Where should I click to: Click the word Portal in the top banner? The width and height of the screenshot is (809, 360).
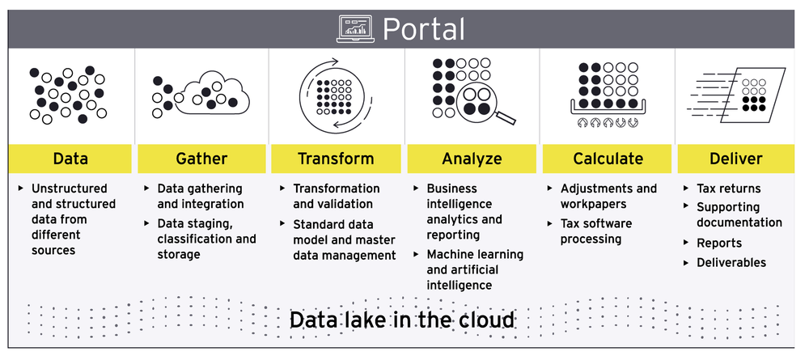coord(424,29)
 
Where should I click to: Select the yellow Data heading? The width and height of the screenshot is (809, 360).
coord(70,159)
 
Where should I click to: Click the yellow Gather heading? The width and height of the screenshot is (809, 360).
coord(201,159)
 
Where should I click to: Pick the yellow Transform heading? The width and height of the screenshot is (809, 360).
coord(336,159)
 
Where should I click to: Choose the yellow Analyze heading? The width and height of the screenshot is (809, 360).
coord(472,159)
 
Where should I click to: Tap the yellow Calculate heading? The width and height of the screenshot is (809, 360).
coord(608,159)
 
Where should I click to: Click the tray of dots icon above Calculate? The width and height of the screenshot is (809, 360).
coord(609,91)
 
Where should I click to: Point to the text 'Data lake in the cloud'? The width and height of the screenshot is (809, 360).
coord(402,320)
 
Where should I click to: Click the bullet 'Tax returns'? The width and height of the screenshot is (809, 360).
coord(728,188)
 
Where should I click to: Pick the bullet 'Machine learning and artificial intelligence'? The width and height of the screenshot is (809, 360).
coord(474,269)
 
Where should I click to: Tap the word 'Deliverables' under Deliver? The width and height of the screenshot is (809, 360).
coord(731,262)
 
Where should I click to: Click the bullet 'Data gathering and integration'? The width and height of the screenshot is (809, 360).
coord(200,196)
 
